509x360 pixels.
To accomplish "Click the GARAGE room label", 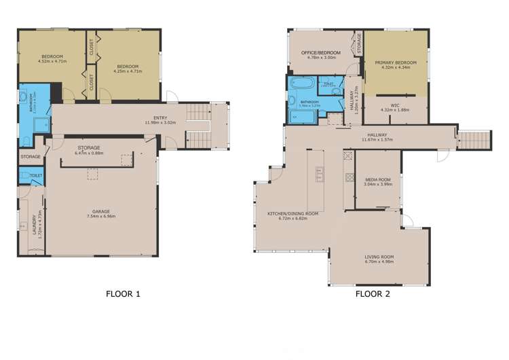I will point(100,211).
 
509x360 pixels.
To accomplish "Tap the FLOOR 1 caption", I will point(123,294).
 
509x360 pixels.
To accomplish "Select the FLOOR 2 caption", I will point(373,294).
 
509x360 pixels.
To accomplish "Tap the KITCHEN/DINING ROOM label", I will point(293,214).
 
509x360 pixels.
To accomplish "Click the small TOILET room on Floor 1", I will point(26,176).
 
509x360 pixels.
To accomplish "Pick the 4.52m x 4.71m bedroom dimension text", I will point(51,60).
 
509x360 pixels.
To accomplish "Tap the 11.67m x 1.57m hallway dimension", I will point(377,140).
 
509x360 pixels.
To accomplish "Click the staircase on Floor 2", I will point(474,139).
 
